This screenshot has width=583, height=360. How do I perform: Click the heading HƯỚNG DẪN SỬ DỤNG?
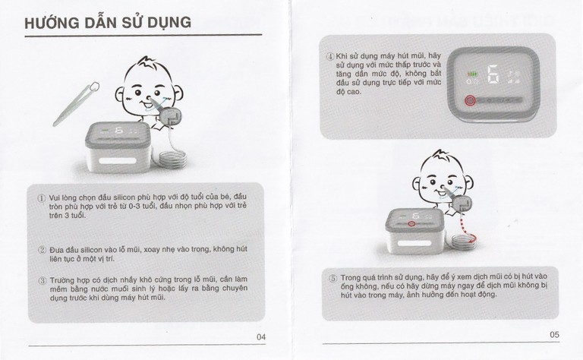tap(107, 22)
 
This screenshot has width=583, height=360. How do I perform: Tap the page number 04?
tap(260, 336)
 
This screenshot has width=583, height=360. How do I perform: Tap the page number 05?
tap(554, 334)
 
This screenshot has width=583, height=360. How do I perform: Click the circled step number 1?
tap(43, 197)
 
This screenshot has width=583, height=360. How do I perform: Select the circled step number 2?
tap(43, 248)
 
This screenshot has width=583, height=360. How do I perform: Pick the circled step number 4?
tap(330, 56)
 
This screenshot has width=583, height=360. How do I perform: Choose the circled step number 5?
tap(332, 277)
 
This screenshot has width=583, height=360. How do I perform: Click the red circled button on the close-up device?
tap(469, 99)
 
